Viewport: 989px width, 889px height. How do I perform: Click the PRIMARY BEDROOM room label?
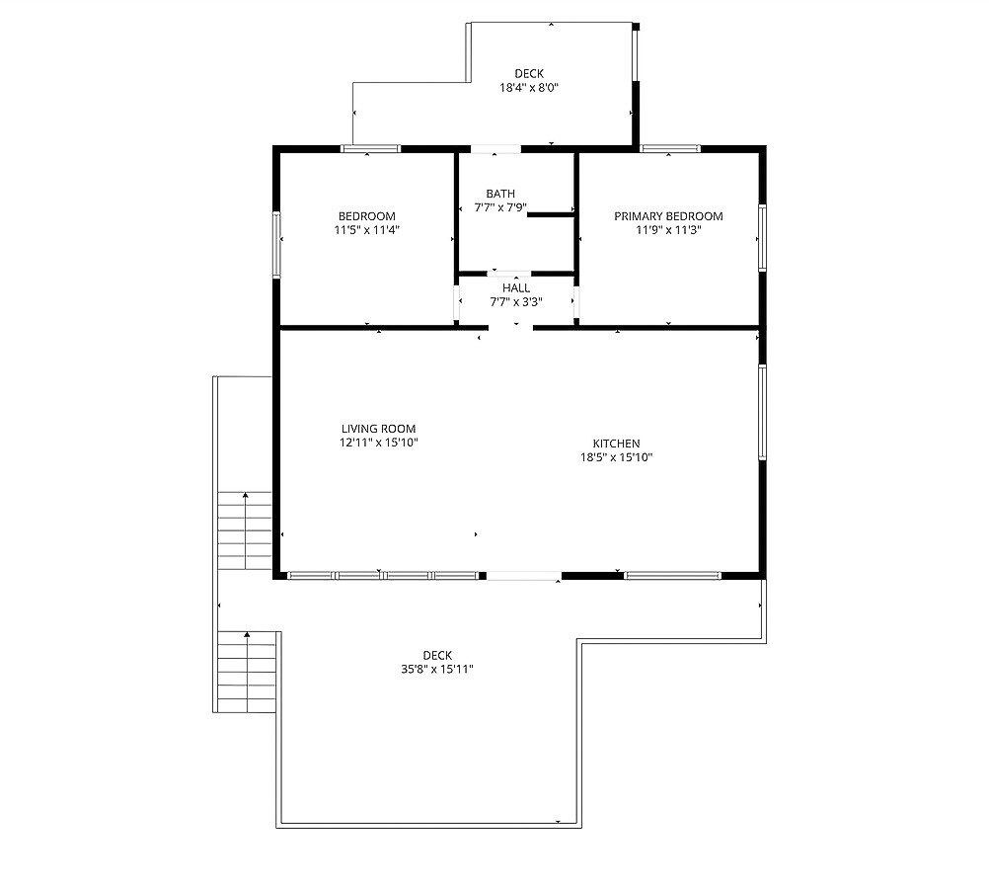(x=668, y=216)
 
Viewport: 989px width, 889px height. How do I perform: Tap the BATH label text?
(x=500, y=194)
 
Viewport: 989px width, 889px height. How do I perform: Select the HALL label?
(x=516, y=287)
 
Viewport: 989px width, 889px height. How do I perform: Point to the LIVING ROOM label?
(x=378, y=429)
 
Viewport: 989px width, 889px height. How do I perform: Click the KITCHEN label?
(x=616, y=444)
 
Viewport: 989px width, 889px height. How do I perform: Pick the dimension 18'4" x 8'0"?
(x=529, y=88)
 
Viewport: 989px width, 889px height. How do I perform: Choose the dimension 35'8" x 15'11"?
(x=437, y=670)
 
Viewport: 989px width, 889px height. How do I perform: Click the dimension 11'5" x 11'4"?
(x=367, y=230)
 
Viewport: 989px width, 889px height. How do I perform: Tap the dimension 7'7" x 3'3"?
(x=516, y=302)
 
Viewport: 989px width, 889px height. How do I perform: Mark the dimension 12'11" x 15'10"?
(x=378, y=443)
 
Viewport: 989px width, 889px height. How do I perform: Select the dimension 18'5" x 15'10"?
(x=616, y=457)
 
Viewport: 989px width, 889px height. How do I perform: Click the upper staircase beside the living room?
(x=245, y=531)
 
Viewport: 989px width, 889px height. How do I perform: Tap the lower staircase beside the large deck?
(x=247, y=672)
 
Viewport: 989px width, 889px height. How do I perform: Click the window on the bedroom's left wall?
(x=276, y=244)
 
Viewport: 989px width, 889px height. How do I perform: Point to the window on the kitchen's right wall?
(x=762, y=412)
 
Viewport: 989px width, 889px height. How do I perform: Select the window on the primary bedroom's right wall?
(x=762, y=238)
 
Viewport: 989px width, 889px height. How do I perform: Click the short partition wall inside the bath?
(x=550, y=215)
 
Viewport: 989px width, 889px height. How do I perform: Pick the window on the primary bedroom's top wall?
(x=670, y=149)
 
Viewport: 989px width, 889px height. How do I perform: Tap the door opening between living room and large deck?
(x=523, y=575)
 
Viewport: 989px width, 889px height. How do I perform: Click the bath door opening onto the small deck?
(x=495, y=149)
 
